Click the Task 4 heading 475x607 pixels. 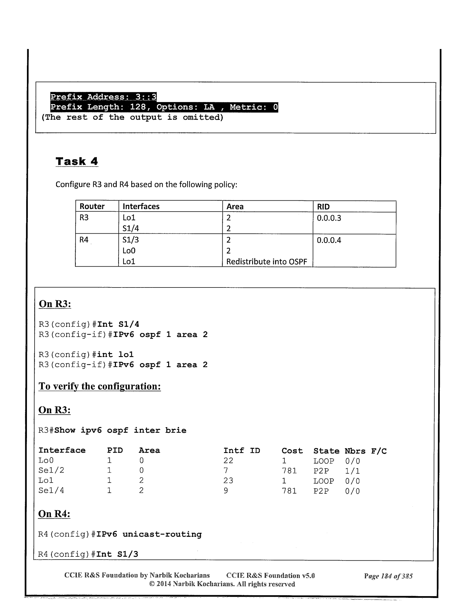point(77,161)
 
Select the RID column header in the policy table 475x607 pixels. point(323,207)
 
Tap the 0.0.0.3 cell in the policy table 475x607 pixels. point(329,218)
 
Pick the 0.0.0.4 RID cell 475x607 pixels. point(329,240)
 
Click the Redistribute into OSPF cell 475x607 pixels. point(266,262)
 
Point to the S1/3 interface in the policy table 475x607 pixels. point(131,240)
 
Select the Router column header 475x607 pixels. point(92,206)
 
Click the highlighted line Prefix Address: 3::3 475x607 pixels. point(103,97)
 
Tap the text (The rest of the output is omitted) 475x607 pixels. point(132,117)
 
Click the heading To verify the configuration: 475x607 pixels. point(99,386)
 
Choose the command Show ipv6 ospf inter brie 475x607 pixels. point(120,430)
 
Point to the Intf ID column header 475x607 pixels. point(242,451)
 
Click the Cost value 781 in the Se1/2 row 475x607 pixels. point(289,471)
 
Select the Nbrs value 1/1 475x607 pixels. point(352,471)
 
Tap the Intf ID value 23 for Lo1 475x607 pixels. point(228,481)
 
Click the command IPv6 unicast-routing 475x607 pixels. point(149,534)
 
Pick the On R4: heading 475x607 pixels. point(54,514)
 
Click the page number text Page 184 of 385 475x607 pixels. point(388,576)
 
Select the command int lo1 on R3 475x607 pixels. point(115,355)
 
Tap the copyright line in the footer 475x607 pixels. point(222,584)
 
